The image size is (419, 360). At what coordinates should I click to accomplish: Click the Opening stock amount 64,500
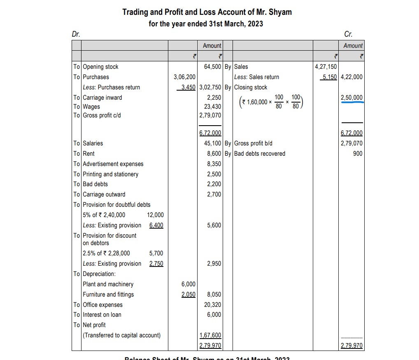coord(212,67)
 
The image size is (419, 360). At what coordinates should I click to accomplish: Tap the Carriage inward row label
coord(102,98)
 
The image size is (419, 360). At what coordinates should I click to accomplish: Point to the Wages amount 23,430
coord(212,107)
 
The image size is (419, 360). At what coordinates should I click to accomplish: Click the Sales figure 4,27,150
coord(326,67)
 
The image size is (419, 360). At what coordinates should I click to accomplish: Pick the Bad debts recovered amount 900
coord(358,154)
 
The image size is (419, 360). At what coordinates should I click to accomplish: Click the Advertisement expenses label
coord(113,164)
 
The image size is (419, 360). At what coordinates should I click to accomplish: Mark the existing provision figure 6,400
coord(156,225)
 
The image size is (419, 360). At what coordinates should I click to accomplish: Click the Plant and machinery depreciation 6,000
coord(189,284)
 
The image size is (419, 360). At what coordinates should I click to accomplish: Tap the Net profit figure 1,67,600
coord(210,335)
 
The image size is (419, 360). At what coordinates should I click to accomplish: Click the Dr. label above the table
coord(76,34)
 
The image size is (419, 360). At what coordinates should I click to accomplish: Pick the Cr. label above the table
coord(349,34)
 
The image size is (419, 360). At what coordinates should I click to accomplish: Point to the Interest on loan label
coord(102,315)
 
